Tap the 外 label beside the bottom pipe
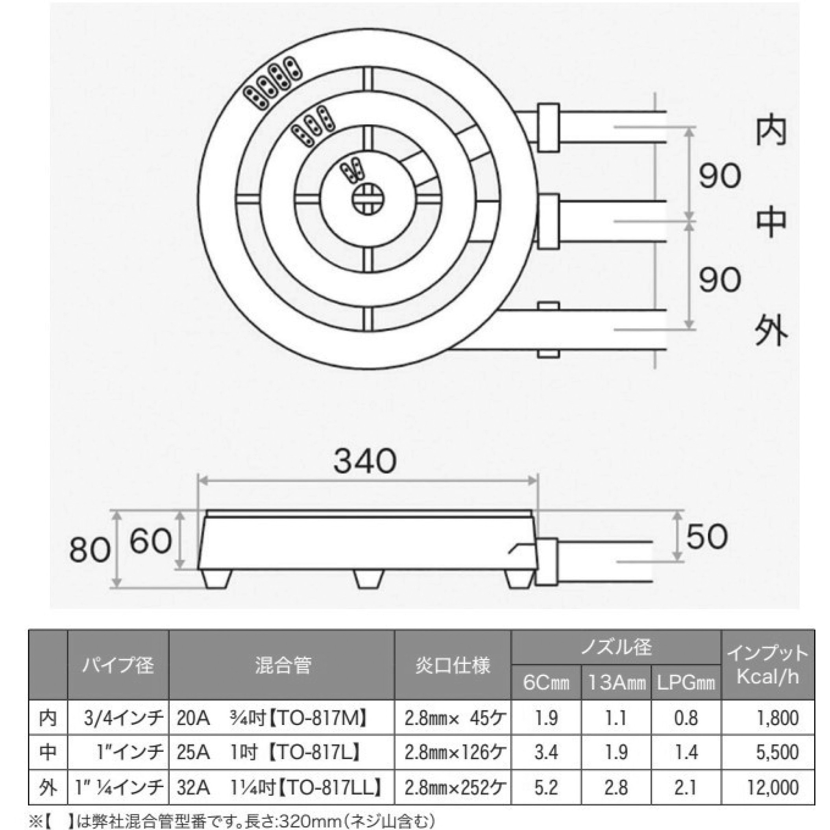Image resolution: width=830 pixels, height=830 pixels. [x=771, y=331]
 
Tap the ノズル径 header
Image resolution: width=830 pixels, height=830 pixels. [x=616, y=647]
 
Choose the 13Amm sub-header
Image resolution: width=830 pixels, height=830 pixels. [x=616, y=683]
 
